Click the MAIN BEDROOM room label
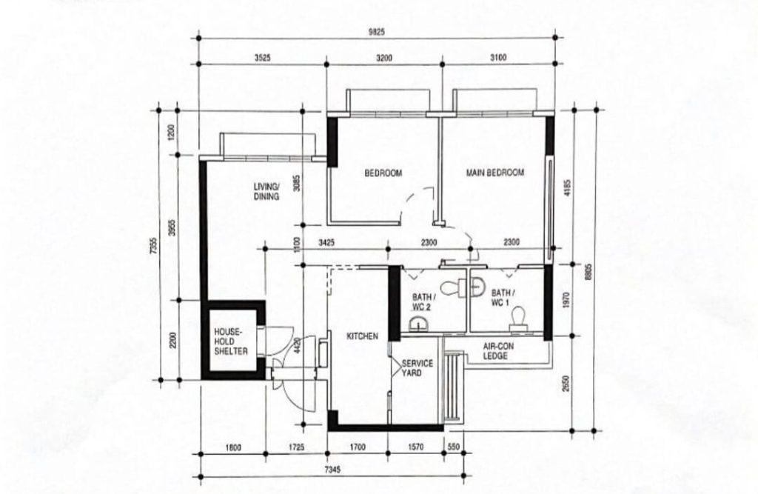pyautogui.click(x=494, y=173)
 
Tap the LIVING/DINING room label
pyautogui.click(x=266, y=192)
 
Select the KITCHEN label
pyautogui.click(x=362, y=336)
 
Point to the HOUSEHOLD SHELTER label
pyautogui.click(x=231, y=341)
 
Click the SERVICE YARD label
pyautogui.click(x=417, y=368)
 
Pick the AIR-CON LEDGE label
pyautogui.click(x=498, y=351)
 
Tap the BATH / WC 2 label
pyautogui.click(x=423, y=302)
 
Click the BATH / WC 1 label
pyautogui.click(x=503, y=298)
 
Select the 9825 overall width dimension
pyautogui.click(x=377, y=33)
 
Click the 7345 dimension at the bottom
pyautogui.click(x=332, y=470)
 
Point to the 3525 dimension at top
pyautogui.click(x=263, y=58)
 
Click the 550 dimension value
pyautogui.click(x=454, y=447)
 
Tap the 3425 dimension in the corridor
pyautogui.click(x=326, y=242)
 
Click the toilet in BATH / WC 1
pyautogui.click(x=517, y=319)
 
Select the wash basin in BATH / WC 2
pyautogui.click(x=417, y=324)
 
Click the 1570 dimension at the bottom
pyautogui.click(x=416, y=447)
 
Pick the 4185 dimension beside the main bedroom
pyautogui.click(x=567, y=187)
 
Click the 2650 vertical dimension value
pyautogui.click(x=566, y=384)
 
